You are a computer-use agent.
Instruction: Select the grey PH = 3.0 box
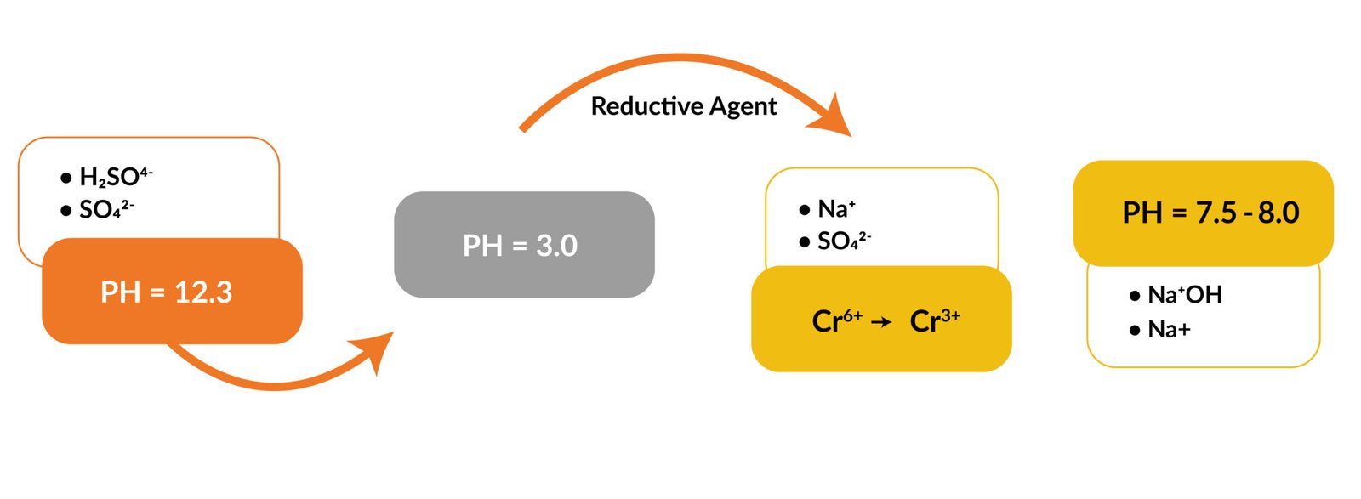coord(524,246)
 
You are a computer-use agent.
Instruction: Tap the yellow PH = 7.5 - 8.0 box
coord(1203,213)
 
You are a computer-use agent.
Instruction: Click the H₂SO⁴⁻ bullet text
coord(115,177)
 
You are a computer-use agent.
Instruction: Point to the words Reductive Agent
coord(683,106)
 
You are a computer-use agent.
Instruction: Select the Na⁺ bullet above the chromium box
coord(836,208)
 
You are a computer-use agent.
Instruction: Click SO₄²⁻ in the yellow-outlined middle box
coord(843,241)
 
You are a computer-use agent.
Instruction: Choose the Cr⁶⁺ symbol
coord(836,320)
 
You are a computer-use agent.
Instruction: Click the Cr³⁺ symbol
coord(934,320)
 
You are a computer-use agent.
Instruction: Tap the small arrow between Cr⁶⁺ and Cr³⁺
coord(881,322)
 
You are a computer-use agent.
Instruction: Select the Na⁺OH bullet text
coord(1184,295)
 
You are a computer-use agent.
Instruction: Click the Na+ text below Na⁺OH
coord(1169,329)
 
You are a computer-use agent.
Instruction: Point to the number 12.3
coord(202,292)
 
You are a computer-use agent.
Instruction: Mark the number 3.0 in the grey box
coord(556,246)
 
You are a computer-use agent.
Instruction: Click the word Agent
coord(743,106)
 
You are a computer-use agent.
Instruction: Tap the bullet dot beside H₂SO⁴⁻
coord(66,178)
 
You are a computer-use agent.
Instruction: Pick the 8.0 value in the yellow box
coord(1278,213)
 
